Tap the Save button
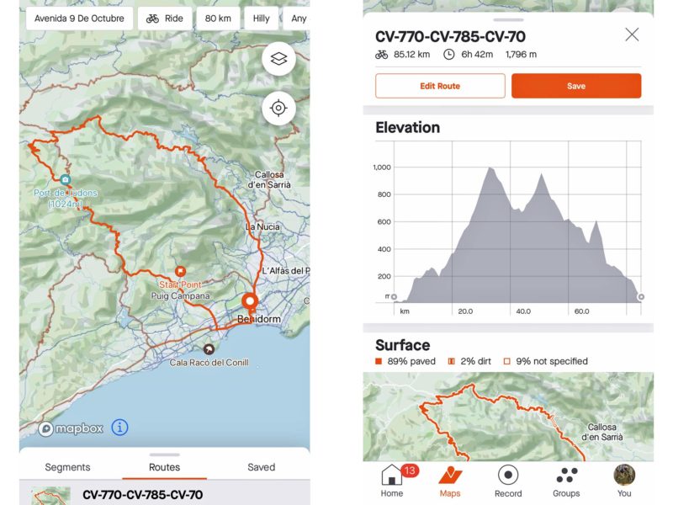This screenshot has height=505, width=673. coord(576,86)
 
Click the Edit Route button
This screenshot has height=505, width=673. coord(440,86)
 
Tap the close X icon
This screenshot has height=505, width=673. coord(632,35)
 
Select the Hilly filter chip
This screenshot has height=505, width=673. coord(262,18)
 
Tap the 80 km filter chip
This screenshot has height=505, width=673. coord(218,18)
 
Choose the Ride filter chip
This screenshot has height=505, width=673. coord(164,18)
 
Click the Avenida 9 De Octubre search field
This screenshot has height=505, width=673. coord(79,18)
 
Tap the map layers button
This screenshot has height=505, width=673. coord(278,59)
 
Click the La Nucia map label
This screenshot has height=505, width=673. coord(262,227)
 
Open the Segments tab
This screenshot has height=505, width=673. coord(67,467)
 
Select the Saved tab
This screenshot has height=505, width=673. coord(261,467)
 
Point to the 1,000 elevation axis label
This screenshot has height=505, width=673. coord(382,167)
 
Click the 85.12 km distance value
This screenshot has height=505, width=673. coord(413,55)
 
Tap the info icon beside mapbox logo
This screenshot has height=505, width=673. coord(119,428)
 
